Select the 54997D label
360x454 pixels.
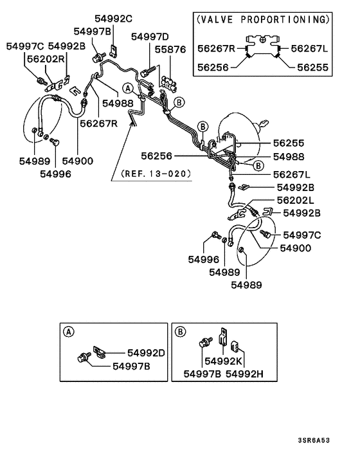(150, 37)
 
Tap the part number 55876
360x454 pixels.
(168, 48)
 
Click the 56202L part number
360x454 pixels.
(295, 200)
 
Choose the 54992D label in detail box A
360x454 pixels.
(146, 353)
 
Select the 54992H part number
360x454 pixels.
(247, 374)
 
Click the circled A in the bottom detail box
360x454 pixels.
(69, 332)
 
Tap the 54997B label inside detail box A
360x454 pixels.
(132, 366)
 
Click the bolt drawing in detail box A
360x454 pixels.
(84, 356)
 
